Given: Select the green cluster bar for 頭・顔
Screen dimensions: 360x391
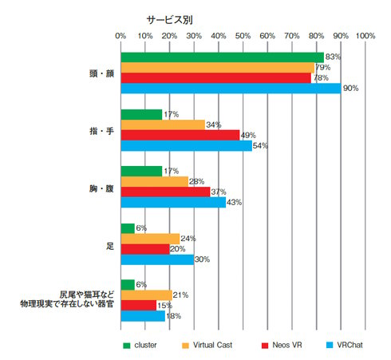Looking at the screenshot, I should pyautogui.click(x=222, y=57).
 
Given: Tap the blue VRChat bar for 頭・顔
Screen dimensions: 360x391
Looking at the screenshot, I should pyautogui.click(x=231, y=88).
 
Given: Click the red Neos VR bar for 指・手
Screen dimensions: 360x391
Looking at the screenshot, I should pyautogui.click(x=180, y=135).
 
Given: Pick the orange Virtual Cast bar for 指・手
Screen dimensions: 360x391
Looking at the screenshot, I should pyautogui.click(x=162, y=125).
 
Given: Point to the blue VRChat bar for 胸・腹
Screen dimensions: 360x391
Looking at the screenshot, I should pyautogui.click(x=173, y=202).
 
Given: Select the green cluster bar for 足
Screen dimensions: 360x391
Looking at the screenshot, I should pyautogui.click(x=128, y=228).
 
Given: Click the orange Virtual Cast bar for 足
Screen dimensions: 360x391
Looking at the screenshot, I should pyautogui.click(x=150, y=239).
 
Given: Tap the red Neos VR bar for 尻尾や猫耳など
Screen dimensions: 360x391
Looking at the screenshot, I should pyautogui.click(x=139, y=306).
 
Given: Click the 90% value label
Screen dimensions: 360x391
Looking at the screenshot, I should pyautogui.click(x=350, y=88).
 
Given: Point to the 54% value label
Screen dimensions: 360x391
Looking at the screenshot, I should pyautogui.click(x=261, y=146).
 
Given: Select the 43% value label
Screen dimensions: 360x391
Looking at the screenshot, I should pyautogui.click(x=234, y=203).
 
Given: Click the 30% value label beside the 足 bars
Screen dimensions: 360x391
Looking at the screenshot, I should pyautogui.click(x=202, y=259).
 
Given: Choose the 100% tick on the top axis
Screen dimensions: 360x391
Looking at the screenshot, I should pyautogui.click(x=365, y=36).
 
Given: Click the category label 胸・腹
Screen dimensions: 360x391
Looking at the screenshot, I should pyautogui.click(x=101, y=187).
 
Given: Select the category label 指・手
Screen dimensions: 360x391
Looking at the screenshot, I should pyautogui.click(x=101, y=130).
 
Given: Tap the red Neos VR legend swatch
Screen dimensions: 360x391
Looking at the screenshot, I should pyautogui.click(x=264, y=345).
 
